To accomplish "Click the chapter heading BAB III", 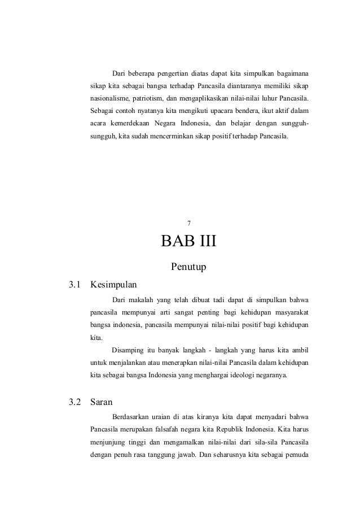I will click(x=188, y=243).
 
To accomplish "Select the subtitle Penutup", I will click(x=188, y=265).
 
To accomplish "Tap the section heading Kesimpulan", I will click(x=113, y=284).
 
